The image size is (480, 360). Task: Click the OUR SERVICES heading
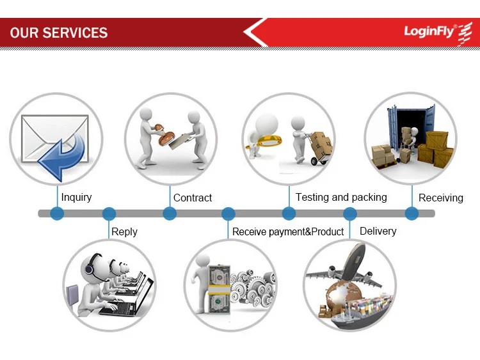pyautogui.click(x=59, y=33)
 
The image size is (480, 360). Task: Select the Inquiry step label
pyautogui.click(x=76, y=197)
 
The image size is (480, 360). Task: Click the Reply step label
pyautogui.click(x=124, y=231)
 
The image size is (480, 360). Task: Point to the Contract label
pyautogui.click(x=193, y=198)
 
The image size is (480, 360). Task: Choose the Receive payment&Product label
pyautogui.click(x=288, y=231)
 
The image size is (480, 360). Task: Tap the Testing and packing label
pyautogui.click(x=341, y=197)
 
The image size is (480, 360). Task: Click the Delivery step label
pyautogui.click(x=378, y=231)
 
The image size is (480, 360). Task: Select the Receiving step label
pyautogui.click(x=441, y=198)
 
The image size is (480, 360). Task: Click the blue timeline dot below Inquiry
pyautogui.click(x=57, y=214)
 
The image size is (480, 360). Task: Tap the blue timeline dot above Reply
pyautogui.click(x=109, y=214)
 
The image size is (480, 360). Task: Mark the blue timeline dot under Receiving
pyautogui.click(x=412, y=214)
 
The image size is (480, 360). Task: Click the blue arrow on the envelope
pyautogui.click(x=63, y=155)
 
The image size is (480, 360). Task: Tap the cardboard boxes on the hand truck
pyautogui.click(x=322, y=145)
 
